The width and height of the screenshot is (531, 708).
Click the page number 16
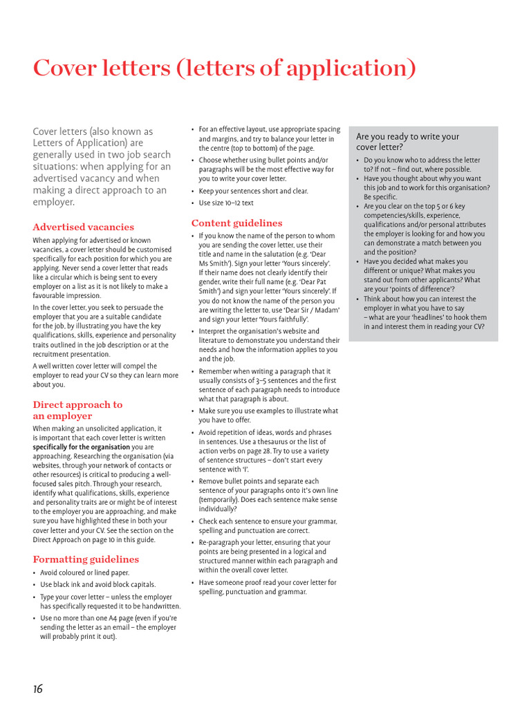click(38, 688)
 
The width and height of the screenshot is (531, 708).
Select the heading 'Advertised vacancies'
click(84, 227)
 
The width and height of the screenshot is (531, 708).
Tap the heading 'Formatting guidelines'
click(86, 559)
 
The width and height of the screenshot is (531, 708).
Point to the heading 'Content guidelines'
click(236, 223)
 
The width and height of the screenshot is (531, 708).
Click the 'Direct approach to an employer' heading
click(77, 410)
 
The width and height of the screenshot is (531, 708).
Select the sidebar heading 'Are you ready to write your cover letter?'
click(407, 142)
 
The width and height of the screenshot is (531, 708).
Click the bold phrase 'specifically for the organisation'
click(82, 447)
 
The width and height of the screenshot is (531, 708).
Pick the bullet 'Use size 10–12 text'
click(226, 203)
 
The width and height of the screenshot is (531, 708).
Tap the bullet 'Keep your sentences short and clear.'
click(253, 191)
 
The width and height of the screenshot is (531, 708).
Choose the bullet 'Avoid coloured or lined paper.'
click(84, 572)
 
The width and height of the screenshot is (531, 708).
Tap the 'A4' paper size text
click(115, 617)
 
